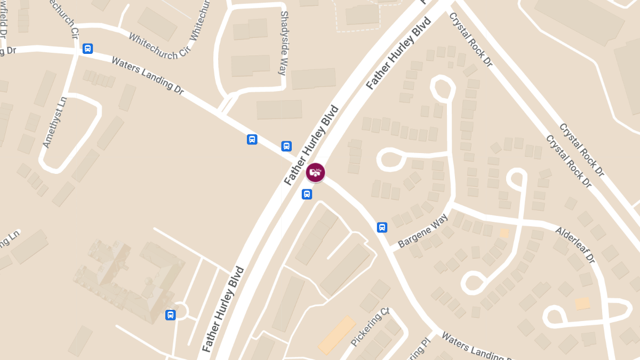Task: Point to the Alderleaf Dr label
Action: pos(574,245)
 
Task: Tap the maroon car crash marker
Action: pos(316,173)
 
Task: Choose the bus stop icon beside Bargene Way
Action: pos(382,228)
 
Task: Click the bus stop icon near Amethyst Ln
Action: pos(88,49)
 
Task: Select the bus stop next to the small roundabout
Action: pos(171,315)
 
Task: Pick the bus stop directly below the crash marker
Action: pos(307,194)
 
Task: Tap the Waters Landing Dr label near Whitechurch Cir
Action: pos(147,76)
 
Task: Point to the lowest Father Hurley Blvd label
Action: pos(223,309)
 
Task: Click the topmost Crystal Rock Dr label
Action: pos(470,39)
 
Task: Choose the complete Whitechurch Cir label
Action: pos(159,47)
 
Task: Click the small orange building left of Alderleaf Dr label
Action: pos(504,233)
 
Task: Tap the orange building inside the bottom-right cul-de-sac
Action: pos(582,303)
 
